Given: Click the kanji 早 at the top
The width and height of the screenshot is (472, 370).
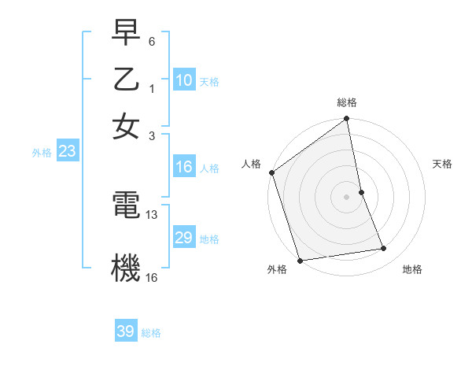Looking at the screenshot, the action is (x=126, y=32).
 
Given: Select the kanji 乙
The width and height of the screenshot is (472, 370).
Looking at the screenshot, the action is (x=126, y=80).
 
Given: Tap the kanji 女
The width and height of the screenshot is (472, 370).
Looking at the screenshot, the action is (x=126, y=126).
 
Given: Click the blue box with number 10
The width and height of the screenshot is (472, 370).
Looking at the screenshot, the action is (x=184, y=80).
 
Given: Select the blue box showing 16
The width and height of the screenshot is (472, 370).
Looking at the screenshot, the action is (x=184, y=167).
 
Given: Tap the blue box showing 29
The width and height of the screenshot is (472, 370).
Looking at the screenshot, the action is (x=184, y=238).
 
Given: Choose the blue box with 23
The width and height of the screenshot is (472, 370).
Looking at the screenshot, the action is (x=67, y=152).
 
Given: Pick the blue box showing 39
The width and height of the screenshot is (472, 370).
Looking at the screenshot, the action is (x=126, y=331).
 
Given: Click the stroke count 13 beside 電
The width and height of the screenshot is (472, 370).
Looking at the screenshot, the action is (x=152, y=215).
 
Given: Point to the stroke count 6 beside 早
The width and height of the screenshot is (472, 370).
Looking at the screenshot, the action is (x=152, y=40).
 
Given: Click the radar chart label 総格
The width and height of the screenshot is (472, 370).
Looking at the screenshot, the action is (x=347, y=102).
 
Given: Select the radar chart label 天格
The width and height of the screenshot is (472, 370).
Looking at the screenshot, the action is (x=443, y=164).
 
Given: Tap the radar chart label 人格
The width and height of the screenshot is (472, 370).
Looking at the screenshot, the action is (x=252, y=164).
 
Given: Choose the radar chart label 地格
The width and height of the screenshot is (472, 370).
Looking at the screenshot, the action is (x=412, y=270).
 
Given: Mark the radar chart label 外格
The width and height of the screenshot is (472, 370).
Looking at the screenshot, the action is (x=277, y=270).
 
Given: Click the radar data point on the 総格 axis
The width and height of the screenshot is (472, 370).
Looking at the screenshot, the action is (x=347, y=120).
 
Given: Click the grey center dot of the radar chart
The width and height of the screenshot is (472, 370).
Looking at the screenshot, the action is (x=347, y=196).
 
